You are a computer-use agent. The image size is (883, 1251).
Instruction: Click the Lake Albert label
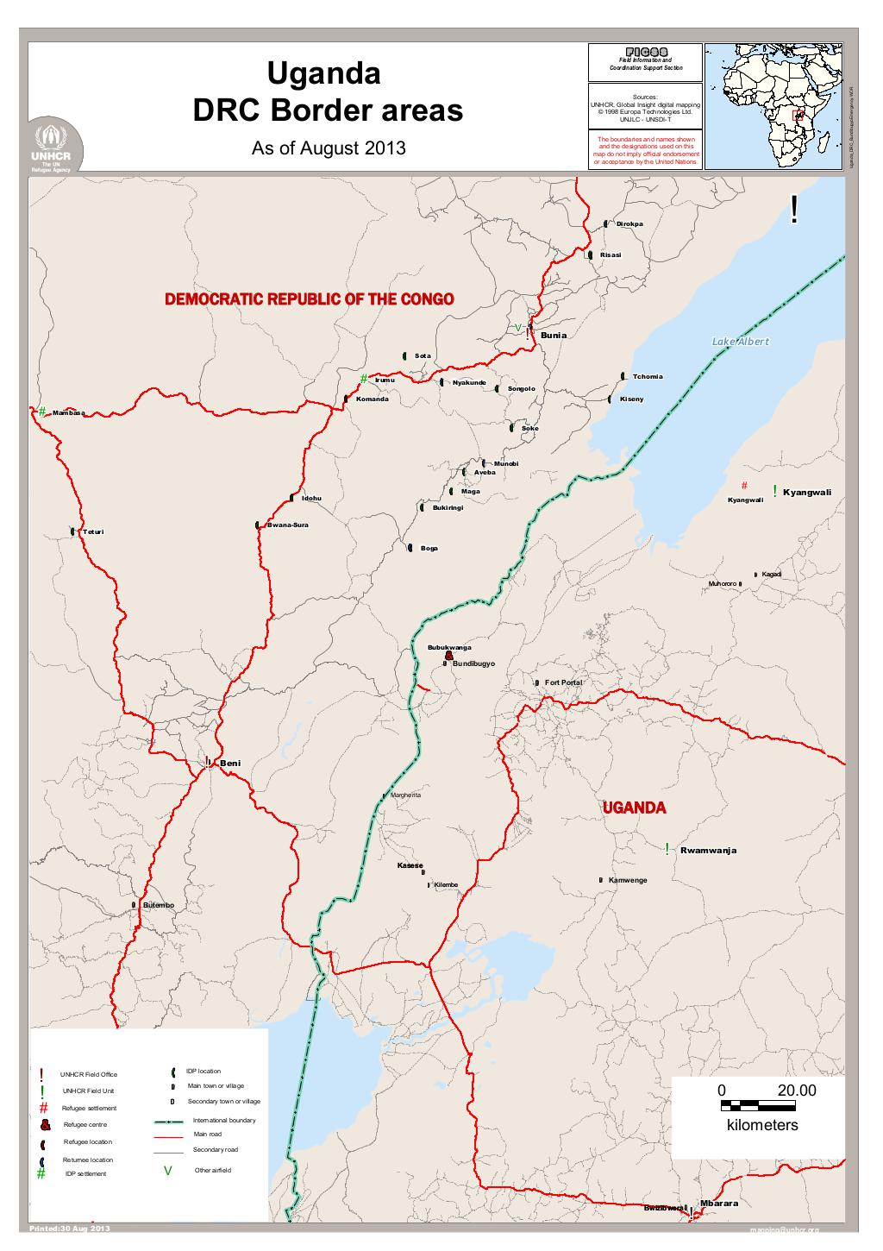[x=740, y=342]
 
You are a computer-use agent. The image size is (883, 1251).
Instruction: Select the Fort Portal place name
[x=563, y=682]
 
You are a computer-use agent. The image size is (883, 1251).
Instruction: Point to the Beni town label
[x=231, y=764]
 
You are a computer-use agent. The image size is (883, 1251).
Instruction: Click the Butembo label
[x=159, y=904]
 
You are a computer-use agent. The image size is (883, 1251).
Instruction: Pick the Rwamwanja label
[x=708, y=851]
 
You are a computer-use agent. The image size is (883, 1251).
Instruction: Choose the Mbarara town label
[x=718, y=1203]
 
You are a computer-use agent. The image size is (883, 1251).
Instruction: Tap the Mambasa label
[x=69, y=413]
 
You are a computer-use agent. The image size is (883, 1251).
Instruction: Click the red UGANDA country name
[x=634, y=808]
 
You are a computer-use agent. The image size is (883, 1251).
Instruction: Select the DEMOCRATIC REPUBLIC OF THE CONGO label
[x=309, y=299]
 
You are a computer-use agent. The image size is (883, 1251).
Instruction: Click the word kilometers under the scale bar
[x=762, y=1125]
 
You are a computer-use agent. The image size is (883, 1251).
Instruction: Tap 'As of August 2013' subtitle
[x=328, y=148]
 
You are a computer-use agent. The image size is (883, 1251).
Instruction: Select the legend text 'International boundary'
[x=224, y=1120]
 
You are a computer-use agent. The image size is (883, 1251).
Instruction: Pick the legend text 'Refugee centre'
[x=85, y=1125]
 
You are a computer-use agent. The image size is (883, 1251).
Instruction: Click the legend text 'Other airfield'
[x=213, y=1170]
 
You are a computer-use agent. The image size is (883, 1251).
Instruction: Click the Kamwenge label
[x=627, y=880]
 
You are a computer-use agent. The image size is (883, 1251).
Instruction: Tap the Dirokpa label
[x=629, y=224]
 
